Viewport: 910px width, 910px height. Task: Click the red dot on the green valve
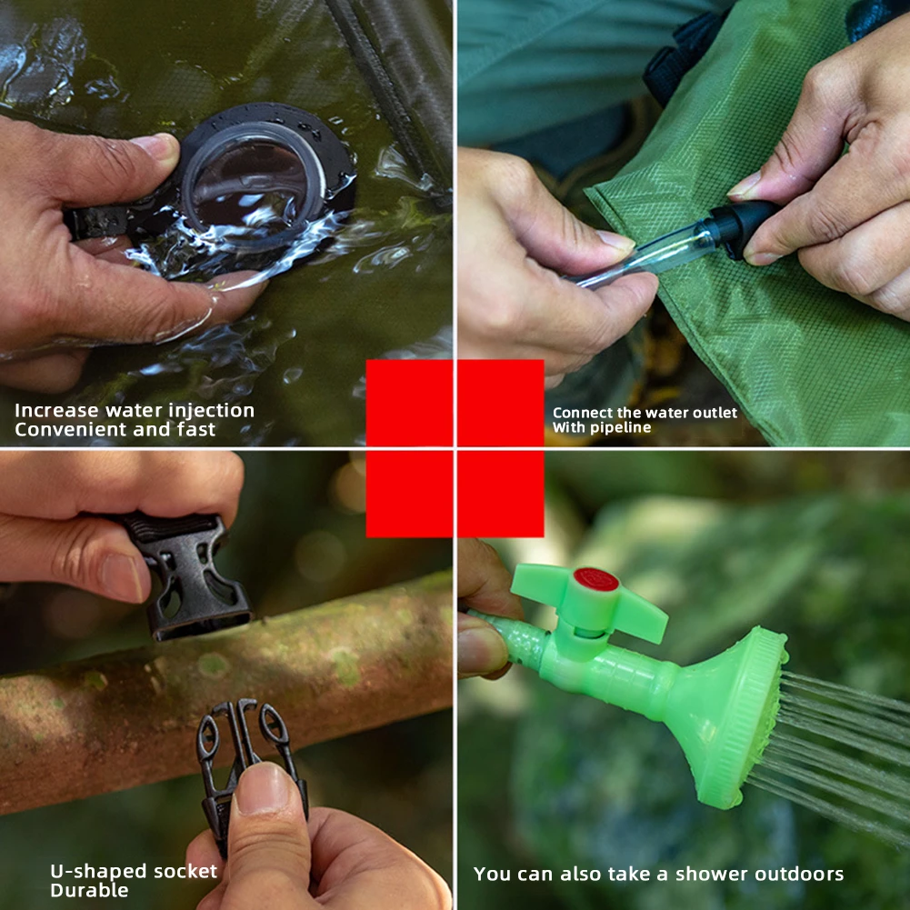(595, 579)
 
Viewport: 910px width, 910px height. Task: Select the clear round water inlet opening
(254, 178)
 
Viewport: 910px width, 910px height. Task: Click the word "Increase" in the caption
(57, 410)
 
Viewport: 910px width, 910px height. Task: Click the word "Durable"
(89, 890)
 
